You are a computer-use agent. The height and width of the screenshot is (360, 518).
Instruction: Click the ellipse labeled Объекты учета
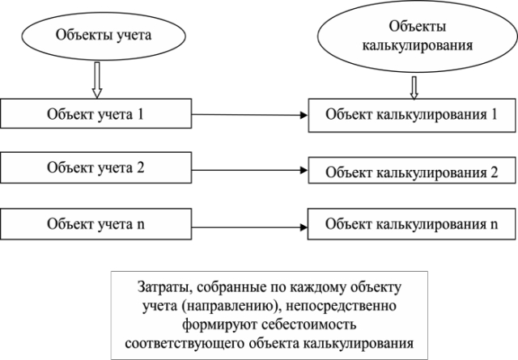(x=104, y=36)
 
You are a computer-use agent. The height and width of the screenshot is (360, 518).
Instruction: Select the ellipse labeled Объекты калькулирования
(x=418, y=36)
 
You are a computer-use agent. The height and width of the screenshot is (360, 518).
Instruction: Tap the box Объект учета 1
(x=96, y=113)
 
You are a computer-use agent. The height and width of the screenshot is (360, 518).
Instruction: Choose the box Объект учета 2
(x=96, y=167)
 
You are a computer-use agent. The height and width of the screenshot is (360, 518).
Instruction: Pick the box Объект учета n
(x=96, y=224)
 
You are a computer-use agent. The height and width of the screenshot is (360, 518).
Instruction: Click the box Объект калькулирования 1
(x=412, y=115)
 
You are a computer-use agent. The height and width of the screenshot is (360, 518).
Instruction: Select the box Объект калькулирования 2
(x=412, y=171)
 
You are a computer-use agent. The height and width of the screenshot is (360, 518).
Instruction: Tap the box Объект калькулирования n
(x=412, y=224)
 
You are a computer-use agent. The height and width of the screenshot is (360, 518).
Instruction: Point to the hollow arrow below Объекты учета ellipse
(x=97, y=80)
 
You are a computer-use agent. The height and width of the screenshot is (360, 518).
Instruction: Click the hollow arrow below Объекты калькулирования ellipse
(x=414, y=88)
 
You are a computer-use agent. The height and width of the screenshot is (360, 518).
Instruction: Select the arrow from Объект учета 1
(x=250, y=115)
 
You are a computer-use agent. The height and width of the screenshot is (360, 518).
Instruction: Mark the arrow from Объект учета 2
(x=250, y=170)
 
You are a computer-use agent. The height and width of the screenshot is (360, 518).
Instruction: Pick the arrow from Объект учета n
(x=250, y=227)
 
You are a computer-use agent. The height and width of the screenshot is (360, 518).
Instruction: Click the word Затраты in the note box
(x=164, y=287)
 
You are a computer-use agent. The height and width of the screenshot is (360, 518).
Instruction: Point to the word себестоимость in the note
(x=309, y=324)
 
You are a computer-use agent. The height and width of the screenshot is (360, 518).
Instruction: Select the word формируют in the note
(x=219, y=325)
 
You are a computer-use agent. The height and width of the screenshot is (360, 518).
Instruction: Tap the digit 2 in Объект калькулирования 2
(x=494, y=172)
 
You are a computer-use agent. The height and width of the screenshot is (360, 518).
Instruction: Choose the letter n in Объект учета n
(x=140, y=225)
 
